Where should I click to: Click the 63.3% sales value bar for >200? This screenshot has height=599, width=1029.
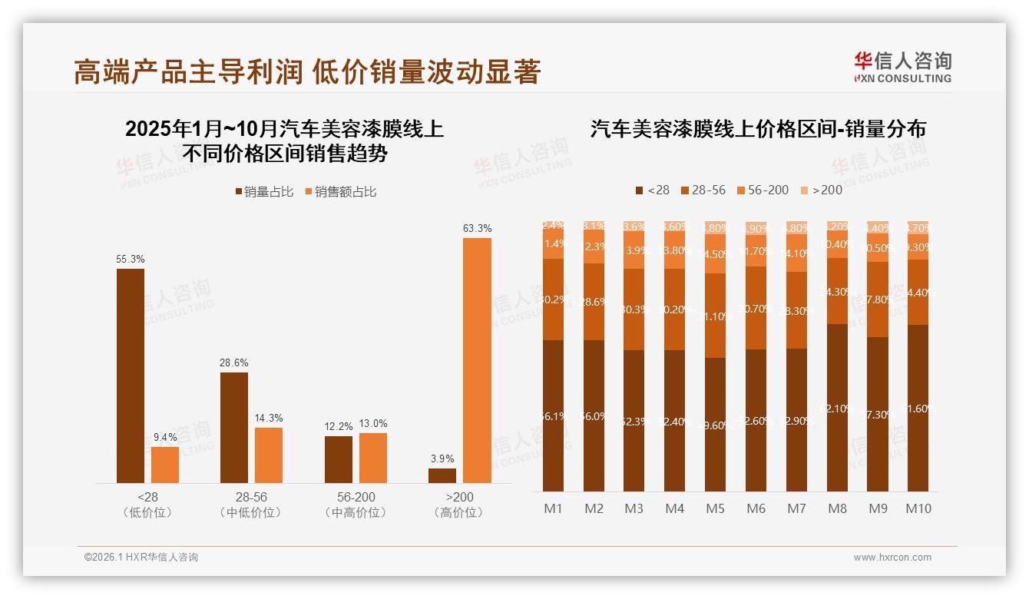coord(477,360)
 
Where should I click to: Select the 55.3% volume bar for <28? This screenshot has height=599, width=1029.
coord(131,376)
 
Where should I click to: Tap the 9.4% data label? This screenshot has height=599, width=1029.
coord(164,437)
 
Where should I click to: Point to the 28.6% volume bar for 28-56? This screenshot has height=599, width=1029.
coord(234,428)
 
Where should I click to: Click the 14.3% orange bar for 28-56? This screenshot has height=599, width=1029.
coord(269,455)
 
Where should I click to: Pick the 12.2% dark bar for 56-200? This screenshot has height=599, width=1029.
coord(339,459)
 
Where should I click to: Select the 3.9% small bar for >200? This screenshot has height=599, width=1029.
coord(442,475)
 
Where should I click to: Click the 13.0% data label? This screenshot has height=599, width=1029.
coord(372,423)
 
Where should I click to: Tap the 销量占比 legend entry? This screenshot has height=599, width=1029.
coord(264,192)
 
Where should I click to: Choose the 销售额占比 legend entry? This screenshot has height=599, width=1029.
coord(341,192)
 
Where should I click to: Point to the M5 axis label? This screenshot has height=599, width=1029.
coord(715,508)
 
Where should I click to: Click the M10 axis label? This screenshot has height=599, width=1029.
coord(918,508)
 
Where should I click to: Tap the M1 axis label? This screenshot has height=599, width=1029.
coord(553,508)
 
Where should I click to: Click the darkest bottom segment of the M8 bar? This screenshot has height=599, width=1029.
coord(838,408)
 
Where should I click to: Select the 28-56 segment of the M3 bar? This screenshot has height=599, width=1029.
coord(634,309)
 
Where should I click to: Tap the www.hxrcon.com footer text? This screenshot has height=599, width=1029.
coord(892,558)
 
